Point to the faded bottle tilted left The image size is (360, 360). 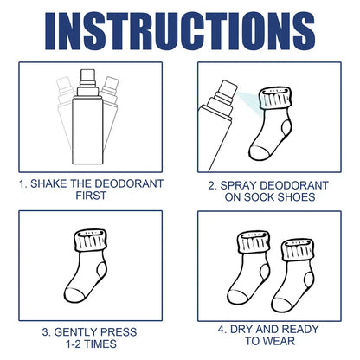65,108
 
